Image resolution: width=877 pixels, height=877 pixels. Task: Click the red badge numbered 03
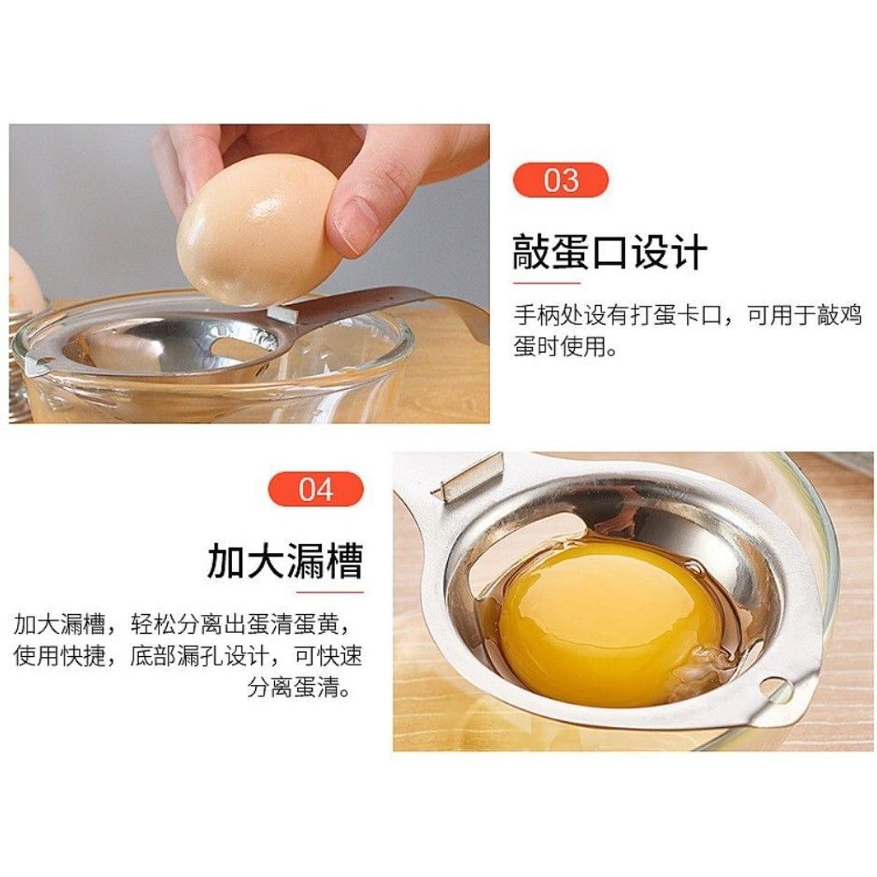[x=560, y=180]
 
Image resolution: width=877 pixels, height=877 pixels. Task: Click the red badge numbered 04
[x=316, y=489]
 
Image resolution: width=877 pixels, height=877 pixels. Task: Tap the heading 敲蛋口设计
[x=610, y=253]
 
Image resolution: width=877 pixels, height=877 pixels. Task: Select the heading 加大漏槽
[x=285, y=560]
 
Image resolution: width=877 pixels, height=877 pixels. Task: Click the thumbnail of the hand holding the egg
[x=249, y=273]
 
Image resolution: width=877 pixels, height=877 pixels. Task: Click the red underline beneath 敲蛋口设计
[x=546, y=283]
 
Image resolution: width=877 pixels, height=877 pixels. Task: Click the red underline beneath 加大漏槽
[x=330, y=592]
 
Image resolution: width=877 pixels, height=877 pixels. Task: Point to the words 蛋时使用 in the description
[x=559, y=347]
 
